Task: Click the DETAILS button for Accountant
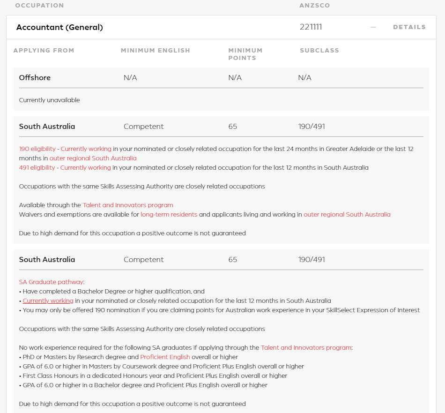pyautogui.click(x=409, y=27)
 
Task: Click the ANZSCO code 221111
pyautogui.click(x=311, y=27)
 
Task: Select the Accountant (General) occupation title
pyautogui.click(x=59, y=27)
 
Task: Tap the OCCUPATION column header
pyautogui.click(x=39, y=6)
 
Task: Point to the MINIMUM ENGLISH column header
pyautogui.click(x=155, y=51)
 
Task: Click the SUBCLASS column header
pyautogui.click(x=319, y=51)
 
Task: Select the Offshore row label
pyautogui.click(x=35, y=78)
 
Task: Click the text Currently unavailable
pyautogui.click(x=49, y=100)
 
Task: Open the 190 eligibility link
pyautogui.click(x=37, y=149)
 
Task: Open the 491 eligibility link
pyautogui.click(x=37, y=167)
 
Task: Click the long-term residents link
pyautogui.click(x=169, y=214)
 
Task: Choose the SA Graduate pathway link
pyautogui.click(x=51, y=282)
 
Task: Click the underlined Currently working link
pyautogui.click(x=48, y=300)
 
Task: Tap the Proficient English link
pyautogui.click(x=165, y=357)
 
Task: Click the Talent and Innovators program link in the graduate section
pyautogui.click(x=306, y=347)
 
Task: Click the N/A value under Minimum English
pyautogui.click(x=130, y=78)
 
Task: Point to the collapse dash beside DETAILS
pyautogui.click(x=373, y=27)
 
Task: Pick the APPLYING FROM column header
pyautogui.click(x=44, y=51)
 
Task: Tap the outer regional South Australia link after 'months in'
pyautogui.click(x=93, y=158)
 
